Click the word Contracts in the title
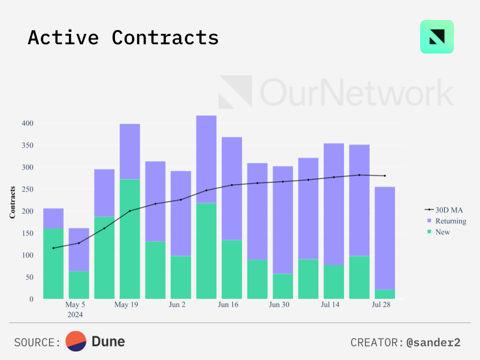[165, 38]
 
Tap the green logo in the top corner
[436, 36]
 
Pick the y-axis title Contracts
[12, 202]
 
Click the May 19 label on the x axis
[126, 305]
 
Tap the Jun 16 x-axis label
[228, 305]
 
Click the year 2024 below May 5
[75, 315]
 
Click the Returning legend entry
[450, 221]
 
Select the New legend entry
[442, 232]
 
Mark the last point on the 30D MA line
[384, 175]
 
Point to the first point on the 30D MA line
[53, 248]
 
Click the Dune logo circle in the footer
[76, 341]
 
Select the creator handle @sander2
[433, 342]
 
